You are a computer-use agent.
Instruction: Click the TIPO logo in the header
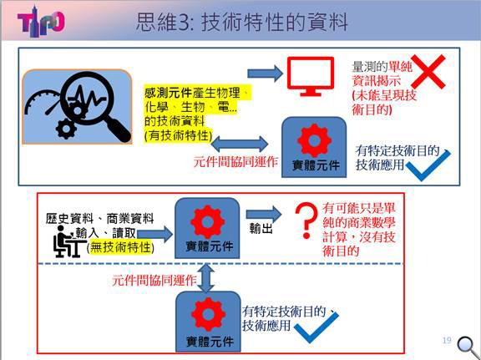click(41, 22)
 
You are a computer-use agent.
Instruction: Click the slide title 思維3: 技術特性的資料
click(241, 22)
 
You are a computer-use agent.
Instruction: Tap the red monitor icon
click(311, 76)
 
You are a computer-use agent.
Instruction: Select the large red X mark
click(428, 72)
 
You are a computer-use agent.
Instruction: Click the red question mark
click(306, 220)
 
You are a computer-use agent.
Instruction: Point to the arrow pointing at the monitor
click(265, 74)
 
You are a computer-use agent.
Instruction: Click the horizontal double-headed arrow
click(240, 144)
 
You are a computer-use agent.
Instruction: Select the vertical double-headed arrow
click(205, 278)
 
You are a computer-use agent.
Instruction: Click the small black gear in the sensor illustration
click(66, 129)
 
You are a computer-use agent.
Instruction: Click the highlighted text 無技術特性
click(120, 247)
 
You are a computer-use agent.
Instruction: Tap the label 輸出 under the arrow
click(261, 228)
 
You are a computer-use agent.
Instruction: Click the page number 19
click(447, 340)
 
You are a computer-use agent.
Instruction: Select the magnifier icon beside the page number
click(468, 347)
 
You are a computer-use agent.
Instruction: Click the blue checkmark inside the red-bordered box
click(316, 327)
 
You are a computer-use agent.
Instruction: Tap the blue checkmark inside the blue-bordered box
click(428, 165)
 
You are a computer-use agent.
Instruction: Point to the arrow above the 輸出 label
click(264, 214)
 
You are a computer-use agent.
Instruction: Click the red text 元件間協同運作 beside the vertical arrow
click(154, 280)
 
